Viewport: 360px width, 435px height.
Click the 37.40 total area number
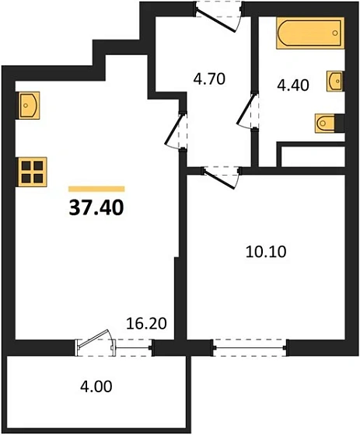(x=96, y=207)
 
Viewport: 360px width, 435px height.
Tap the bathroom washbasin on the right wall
(x=337, y=80)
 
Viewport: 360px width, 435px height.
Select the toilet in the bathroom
(x=326, y=123)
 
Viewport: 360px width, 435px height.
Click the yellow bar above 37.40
(x=96, y=188)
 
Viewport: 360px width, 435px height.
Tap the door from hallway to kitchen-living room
(x=178, y=129)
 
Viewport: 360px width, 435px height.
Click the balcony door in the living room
(x=95, y=345)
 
